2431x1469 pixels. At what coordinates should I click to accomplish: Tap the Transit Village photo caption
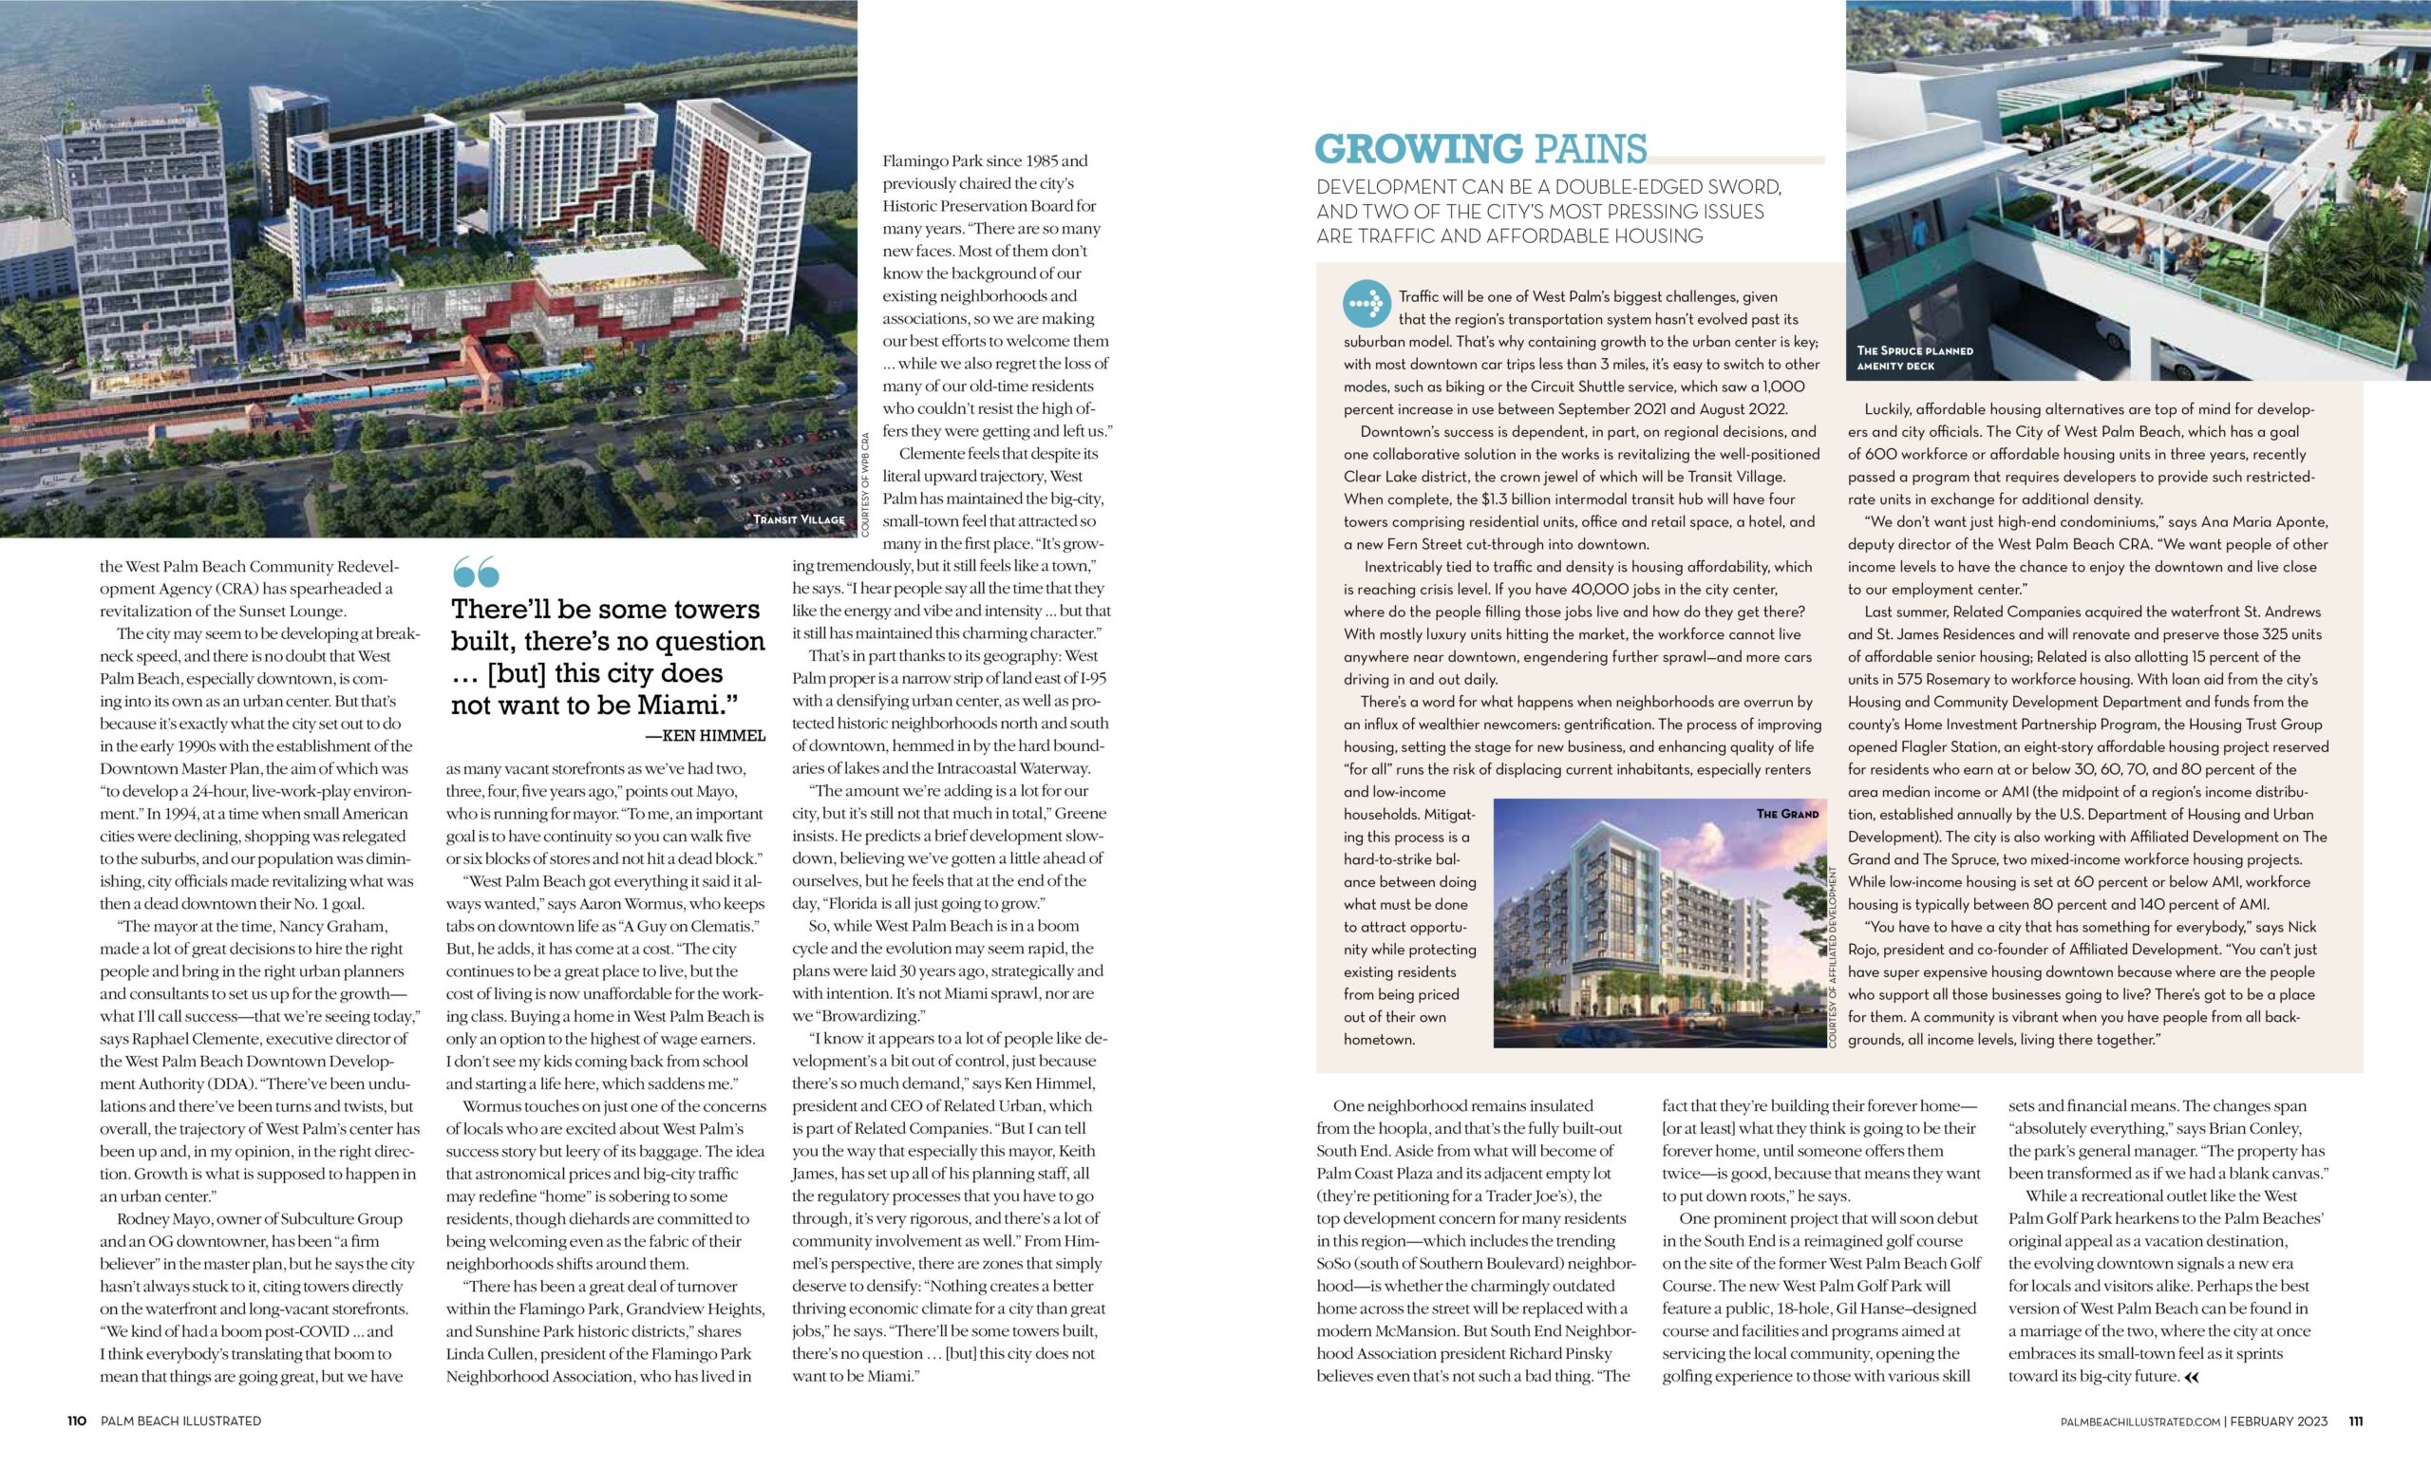(x=799, y=518)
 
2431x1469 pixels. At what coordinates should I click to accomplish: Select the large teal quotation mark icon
(x=476, y=572)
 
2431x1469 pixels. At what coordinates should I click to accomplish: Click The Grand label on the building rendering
(x=1787, y=814)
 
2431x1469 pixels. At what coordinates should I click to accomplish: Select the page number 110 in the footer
(x=77, y=1421)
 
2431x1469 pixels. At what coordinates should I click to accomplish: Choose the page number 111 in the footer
(x=2355, y=1422)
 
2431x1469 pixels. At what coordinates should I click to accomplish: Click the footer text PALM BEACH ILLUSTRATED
(x=180, y=1421)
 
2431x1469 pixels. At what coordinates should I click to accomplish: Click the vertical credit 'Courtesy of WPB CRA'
(x=865, y=483)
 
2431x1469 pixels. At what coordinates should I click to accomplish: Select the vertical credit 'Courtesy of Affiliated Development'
(x=1833, y=957)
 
